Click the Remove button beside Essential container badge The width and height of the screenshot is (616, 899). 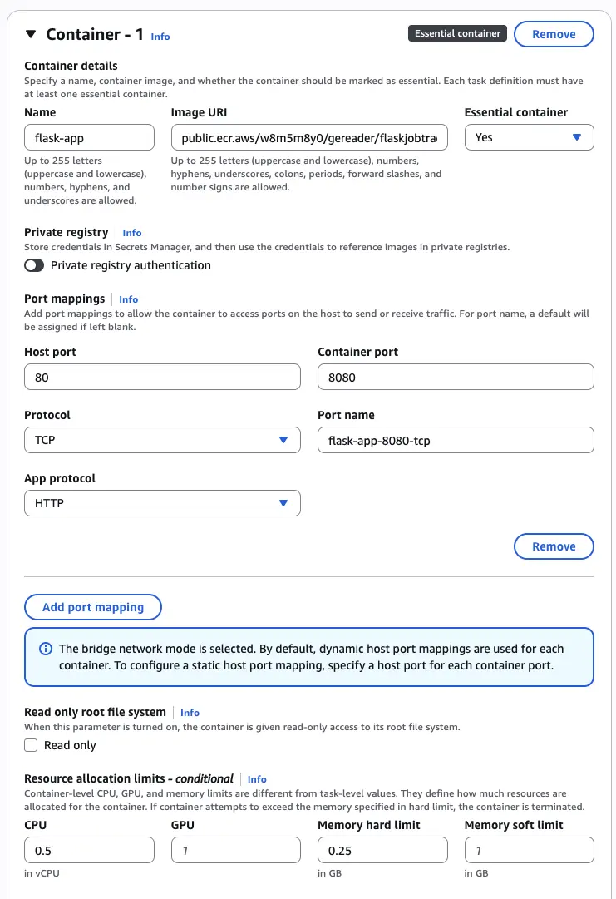(554, 34)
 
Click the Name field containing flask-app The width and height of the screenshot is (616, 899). (89, 137)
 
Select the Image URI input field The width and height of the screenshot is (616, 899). (309, 137)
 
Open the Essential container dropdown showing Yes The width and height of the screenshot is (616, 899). (529, 137)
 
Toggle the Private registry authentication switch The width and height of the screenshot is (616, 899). (34, 265)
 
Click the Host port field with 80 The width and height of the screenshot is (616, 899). (162, 377)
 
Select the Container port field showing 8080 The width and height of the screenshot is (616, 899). (456, 377)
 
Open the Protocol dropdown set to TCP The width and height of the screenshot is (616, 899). (162, 440)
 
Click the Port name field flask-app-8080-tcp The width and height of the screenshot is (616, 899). (456, 440)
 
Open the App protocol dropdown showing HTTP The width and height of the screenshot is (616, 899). (162, 503)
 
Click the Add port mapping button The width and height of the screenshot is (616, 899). (93, 607)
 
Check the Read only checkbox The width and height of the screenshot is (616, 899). (32, 745)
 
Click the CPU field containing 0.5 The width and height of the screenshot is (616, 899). (89, 850)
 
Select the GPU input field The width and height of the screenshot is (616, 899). (235, 850)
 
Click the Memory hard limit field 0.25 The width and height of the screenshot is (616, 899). (382, 850)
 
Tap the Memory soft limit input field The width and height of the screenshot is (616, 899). (529, 850)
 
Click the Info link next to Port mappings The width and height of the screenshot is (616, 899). (128, 299)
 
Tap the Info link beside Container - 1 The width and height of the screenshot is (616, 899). (160, 37)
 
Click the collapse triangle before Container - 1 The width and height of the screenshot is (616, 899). (31, 34)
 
